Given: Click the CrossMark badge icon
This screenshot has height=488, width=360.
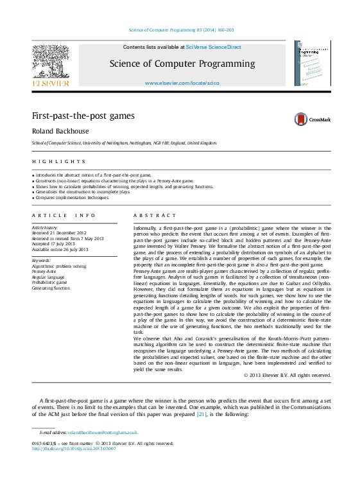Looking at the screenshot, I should pos(301,119).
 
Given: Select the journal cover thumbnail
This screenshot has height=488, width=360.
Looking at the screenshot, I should pos(313,64).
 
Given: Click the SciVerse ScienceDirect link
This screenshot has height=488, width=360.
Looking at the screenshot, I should pos(211,47).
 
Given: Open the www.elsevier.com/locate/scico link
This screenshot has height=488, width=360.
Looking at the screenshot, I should pos(182,83).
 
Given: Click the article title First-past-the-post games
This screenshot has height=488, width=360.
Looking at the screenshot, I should pos(83,116).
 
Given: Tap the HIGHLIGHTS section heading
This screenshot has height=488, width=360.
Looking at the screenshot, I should pos(58,161).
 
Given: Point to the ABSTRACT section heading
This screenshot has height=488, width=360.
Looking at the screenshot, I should pos(154,216).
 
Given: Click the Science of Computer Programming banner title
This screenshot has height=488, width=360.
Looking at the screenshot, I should pos(182,64).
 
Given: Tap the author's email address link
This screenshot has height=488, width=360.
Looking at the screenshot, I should pos(103,433).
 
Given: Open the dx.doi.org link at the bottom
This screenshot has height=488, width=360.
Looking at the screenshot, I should pos(73,449).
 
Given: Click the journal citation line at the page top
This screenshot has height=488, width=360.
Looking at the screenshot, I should pos(182,30).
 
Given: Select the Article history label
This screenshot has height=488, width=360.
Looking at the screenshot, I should pos(44,228).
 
